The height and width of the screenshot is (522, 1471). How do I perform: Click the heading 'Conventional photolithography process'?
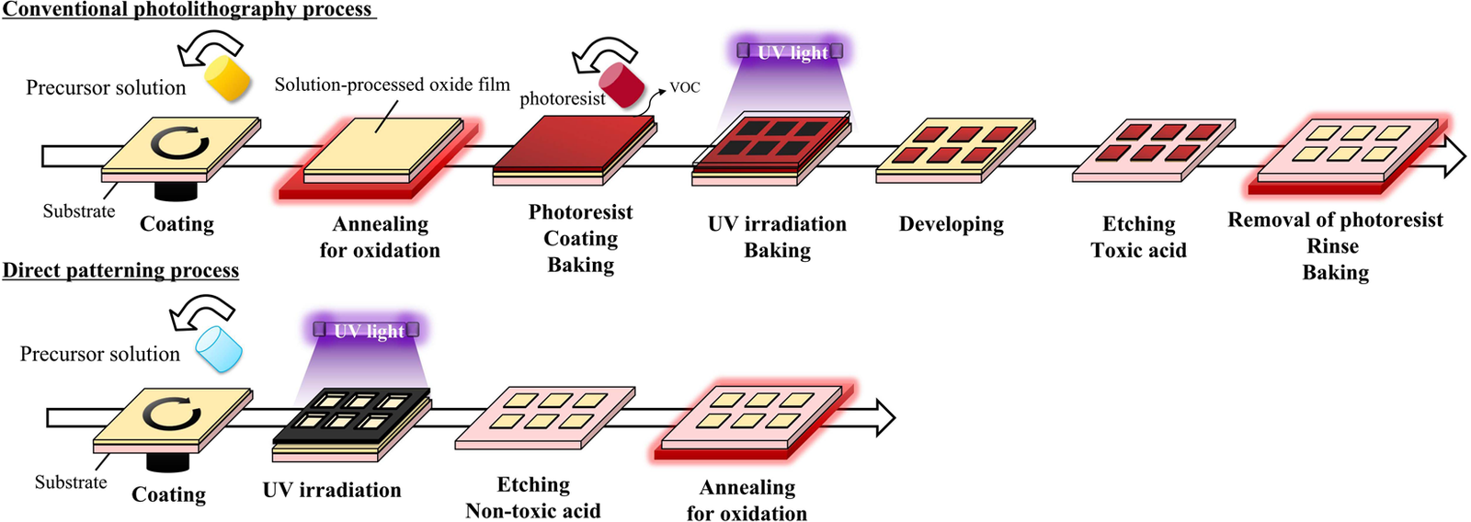188,9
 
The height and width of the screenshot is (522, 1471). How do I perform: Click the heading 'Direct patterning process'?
120,270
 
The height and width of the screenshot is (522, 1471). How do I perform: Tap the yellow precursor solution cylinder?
227,77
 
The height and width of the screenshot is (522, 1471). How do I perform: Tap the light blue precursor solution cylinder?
220,348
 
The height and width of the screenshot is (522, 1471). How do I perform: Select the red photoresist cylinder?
621,85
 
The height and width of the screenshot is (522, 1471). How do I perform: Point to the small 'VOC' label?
685,87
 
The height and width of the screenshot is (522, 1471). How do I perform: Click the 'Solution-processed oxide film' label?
392,85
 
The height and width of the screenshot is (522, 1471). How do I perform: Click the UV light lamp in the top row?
790,51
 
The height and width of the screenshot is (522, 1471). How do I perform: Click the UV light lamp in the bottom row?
367,330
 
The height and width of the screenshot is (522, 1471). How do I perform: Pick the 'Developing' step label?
951,224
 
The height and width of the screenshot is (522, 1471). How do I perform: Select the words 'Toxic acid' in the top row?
1138,250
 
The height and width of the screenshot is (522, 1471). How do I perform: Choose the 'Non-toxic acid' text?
532,510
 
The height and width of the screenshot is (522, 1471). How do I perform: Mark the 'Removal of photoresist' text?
1335,220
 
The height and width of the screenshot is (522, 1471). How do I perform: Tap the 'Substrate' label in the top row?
79,211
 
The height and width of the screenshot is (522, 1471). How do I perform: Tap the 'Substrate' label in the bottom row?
71,482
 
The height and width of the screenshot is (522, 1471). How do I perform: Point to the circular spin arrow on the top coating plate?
179,142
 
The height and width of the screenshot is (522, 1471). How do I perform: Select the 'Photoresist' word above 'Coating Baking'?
580,212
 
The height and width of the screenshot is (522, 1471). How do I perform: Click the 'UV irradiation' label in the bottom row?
332,490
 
